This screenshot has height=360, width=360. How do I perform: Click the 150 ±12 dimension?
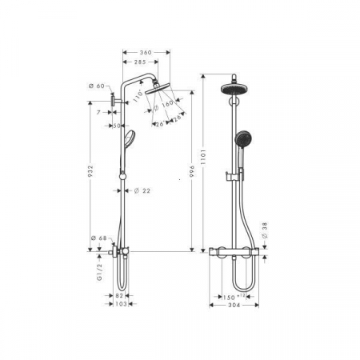click(x=234, y=295)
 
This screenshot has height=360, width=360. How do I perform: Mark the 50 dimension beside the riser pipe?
click(x=116, y=126)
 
